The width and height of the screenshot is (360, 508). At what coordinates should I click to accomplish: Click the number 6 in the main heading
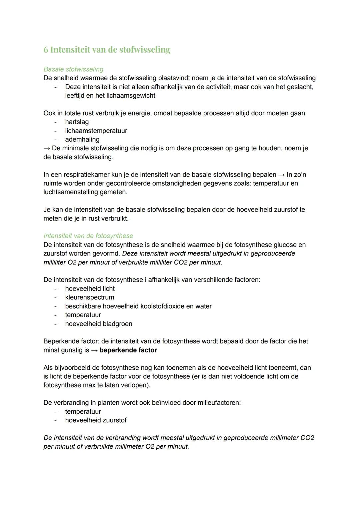tap(46, 50)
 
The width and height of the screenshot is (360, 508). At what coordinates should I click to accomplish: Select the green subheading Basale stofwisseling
tap(73, 69)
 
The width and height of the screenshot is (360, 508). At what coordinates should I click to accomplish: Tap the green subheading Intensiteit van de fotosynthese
tap(88, 236)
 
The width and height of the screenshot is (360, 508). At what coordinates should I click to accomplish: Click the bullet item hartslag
tap(77, 122)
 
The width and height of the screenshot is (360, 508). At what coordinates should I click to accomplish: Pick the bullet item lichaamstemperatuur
tap(96, 131)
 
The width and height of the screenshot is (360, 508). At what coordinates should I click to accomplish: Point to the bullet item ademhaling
tap(82, 140)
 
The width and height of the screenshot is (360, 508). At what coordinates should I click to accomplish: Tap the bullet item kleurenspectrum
tap(90, 297)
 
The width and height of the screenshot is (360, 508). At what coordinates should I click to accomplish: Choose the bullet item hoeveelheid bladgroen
tap(99, 324)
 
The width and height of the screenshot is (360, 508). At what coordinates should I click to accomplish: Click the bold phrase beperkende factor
tap(128, 350)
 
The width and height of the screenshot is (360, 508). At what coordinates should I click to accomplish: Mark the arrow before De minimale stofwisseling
tap(47, 148)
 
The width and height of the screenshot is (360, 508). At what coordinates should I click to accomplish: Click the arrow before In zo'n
tap(281, 175)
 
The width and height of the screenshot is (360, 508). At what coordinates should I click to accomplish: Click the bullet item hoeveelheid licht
tap(90, 289)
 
